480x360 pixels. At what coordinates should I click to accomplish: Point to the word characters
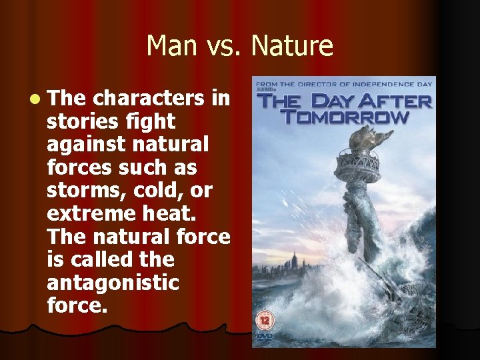coord(149,99)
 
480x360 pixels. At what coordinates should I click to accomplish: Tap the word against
coord(86,145)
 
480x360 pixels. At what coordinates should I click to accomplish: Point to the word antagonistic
coord(113,283)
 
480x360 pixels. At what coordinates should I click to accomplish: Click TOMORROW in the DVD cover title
coord(344,117)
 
